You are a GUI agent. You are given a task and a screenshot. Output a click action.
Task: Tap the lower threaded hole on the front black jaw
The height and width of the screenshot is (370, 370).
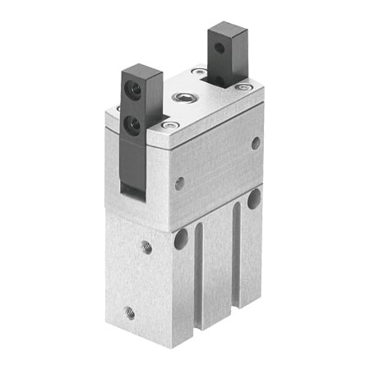[x=132, y=124]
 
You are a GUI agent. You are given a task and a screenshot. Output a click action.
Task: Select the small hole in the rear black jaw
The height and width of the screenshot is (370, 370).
[x=220, y=48]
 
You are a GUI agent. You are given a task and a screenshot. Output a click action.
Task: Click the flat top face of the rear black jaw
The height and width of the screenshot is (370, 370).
[x=223, y=29]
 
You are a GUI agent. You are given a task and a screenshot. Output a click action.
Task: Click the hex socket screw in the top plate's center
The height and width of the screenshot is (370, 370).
[x=182, y=99]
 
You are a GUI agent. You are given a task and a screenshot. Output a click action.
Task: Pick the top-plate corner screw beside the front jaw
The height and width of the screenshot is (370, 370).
[x=169, y=126]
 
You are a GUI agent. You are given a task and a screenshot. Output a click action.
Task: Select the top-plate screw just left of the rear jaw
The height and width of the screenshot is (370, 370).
[x=199, y=73]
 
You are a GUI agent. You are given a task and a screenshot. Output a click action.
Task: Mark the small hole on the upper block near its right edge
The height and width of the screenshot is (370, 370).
[x=256, y=142]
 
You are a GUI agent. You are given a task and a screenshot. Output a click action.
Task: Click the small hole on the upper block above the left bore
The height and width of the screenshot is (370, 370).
[x=179, y=183]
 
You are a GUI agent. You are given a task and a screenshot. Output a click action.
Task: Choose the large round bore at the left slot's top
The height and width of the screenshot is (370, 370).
[x=180, y=239]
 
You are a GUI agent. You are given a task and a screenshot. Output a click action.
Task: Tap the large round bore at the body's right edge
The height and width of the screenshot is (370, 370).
[x=254, y=198]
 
